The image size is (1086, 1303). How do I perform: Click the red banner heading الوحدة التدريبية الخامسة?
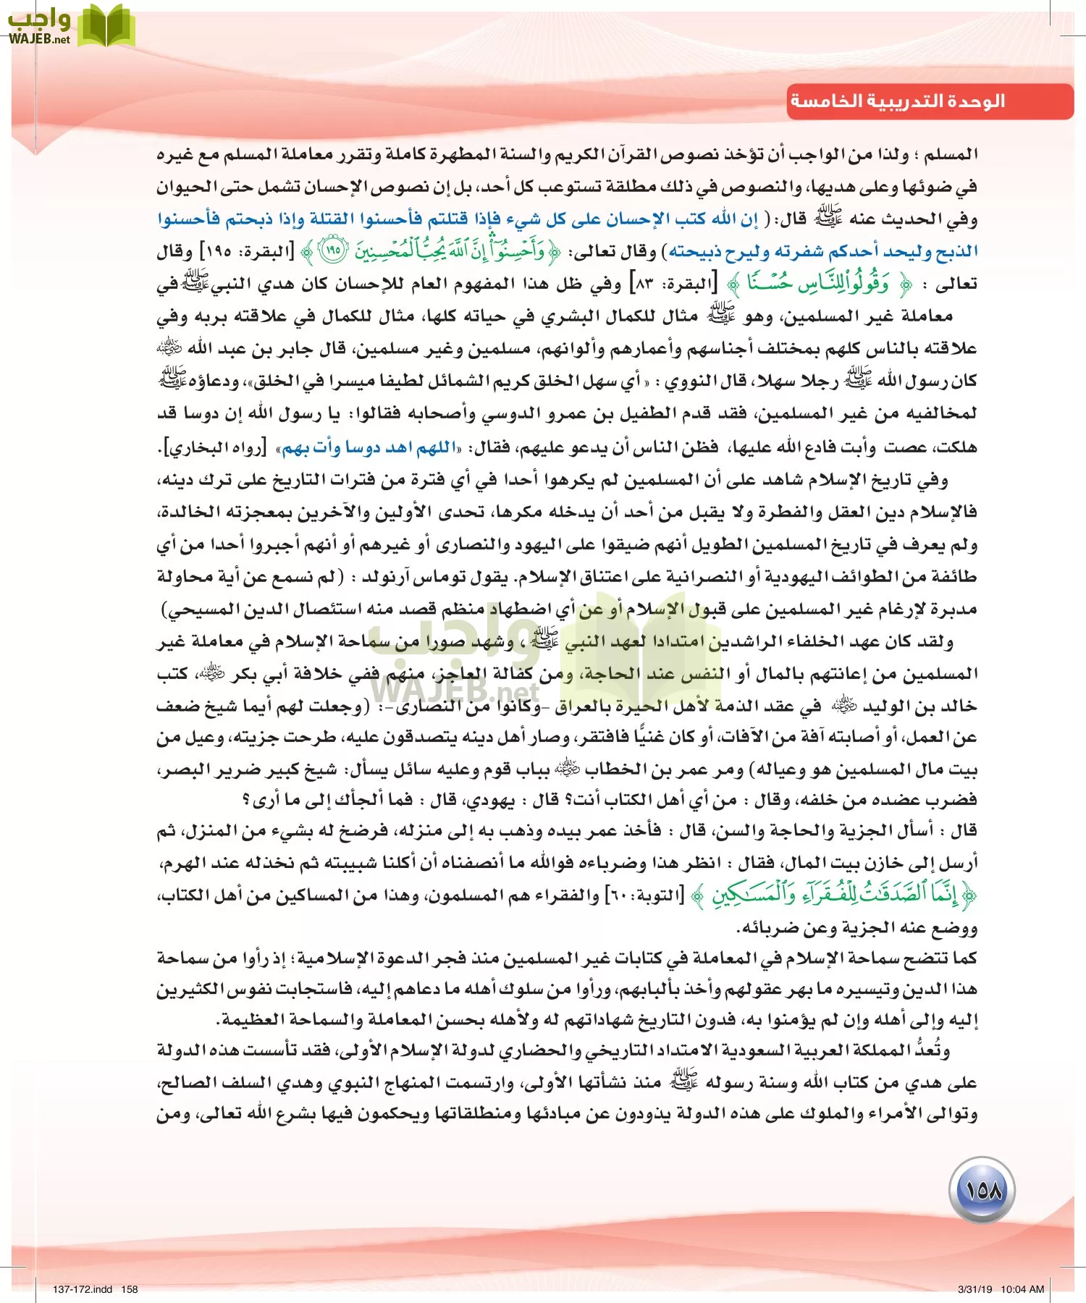pos(898,101)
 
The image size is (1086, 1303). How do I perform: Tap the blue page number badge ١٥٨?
pos(982,1190)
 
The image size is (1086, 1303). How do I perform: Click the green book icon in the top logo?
pos(106,26)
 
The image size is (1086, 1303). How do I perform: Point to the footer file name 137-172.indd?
pos(83,1289)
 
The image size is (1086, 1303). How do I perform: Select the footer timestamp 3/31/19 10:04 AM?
pos(1001,1289)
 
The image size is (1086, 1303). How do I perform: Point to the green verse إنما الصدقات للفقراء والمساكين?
pos(833,896)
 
